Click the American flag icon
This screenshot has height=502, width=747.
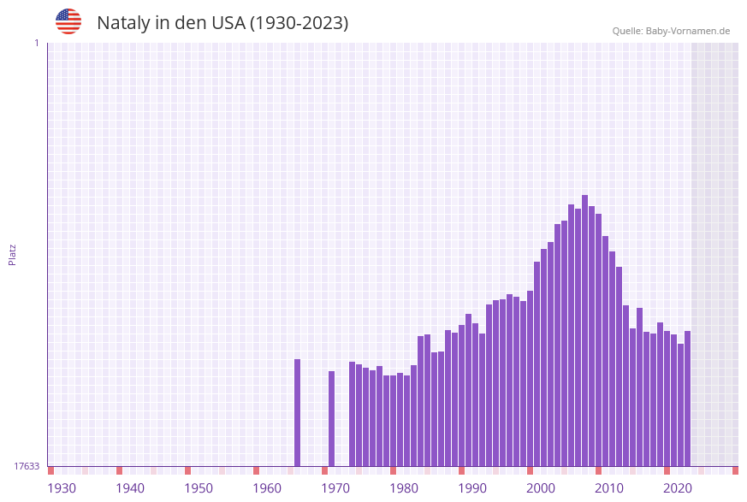pos(68,21)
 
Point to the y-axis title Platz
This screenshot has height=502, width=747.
pos(13,254)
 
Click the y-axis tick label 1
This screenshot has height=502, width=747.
pos(36,43)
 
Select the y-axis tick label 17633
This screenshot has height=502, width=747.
pos(27,466)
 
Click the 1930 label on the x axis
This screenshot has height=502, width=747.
pos(62,488)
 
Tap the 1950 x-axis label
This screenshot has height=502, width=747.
pos(199,488)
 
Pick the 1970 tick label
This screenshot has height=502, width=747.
pos(335,488)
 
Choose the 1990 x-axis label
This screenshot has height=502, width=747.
pos(472,488)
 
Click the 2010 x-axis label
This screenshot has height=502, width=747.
pos(609,488)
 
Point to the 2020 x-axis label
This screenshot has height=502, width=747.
pos(678,488)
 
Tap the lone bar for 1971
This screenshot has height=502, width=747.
pos(332,418)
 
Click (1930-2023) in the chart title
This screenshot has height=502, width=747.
pos(299,23)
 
